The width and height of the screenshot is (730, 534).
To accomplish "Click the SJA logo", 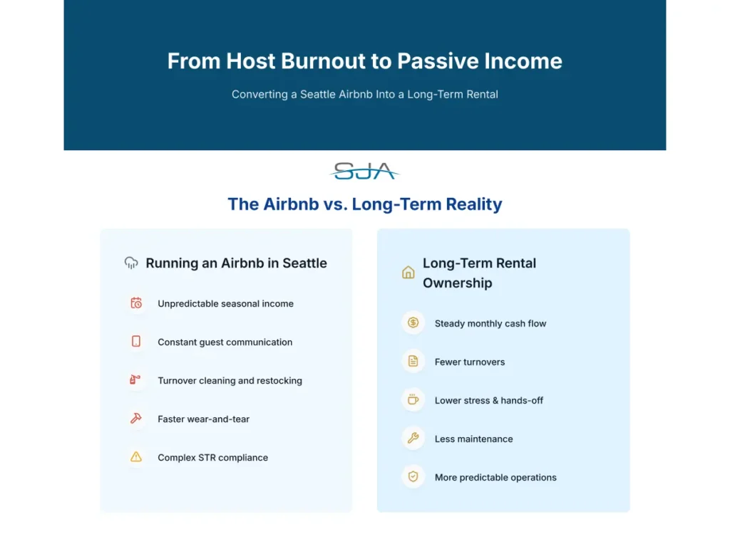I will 364,171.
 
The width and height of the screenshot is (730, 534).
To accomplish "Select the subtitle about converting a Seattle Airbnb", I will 364,94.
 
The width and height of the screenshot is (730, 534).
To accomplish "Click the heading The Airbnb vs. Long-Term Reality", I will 364,204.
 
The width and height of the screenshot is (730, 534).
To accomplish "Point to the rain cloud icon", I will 131,263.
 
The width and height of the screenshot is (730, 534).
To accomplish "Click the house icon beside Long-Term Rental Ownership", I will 408,273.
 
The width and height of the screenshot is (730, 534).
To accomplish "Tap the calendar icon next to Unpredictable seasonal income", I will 136,303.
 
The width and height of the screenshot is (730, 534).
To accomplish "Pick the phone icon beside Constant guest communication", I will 136,342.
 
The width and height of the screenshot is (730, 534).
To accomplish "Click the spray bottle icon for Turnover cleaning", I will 135,380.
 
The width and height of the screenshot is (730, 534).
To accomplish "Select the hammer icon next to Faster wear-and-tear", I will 136,419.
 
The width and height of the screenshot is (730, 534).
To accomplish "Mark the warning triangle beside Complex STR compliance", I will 136,457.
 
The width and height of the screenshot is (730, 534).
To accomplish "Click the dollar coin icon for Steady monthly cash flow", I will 413,323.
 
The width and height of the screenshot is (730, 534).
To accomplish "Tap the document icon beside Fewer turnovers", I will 413,362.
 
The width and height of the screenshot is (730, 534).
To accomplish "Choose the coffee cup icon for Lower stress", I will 413,400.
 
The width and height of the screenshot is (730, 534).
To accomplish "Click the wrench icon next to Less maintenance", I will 413,439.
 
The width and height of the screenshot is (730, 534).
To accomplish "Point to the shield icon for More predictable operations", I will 413,477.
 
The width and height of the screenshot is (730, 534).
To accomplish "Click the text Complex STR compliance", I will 212,458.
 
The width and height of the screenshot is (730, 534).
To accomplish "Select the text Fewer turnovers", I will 469,362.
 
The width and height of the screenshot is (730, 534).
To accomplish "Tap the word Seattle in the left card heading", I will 304,263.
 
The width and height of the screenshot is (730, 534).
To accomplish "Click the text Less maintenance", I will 473,439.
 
